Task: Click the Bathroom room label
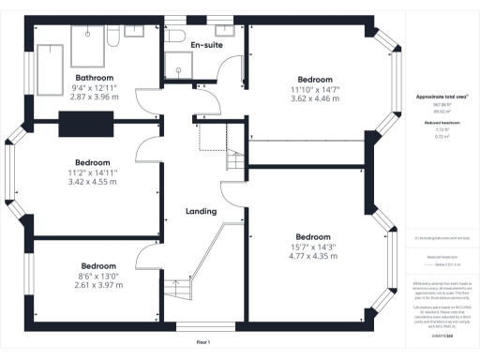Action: [x=94, y=78]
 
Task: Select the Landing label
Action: [x=202, y=211]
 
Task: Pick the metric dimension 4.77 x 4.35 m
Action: [x=312, y=256]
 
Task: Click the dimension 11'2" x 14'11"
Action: [x=92, y=172]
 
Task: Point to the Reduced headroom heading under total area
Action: [x=436, y=122]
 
